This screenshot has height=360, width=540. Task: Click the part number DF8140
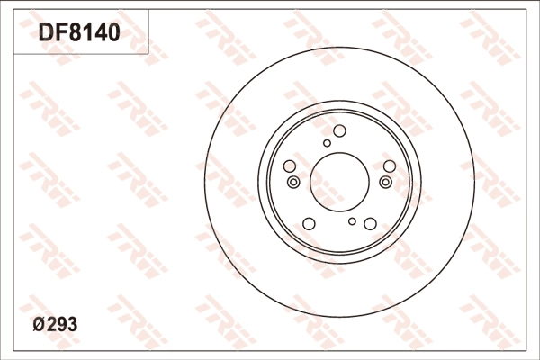tap(79, 33)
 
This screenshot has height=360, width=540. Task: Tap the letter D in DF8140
tap(45, 33)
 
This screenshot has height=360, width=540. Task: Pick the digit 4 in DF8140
tap(100, 33)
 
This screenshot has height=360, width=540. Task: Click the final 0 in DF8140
tap(113, 33)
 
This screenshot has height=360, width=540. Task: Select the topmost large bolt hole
tap(339, 131)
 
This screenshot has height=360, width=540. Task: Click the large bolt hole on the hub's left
tap(290, 166)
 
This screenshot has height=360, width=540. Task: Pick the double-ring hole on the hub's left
tap(292, 183)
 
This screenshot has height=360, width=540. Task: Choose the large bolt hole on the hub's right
tap(389, 166)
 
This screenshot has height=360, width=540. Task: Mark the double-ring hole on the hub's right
tap(386, 183)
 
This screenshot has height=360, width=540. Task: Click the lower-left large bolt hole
tap(309, 223)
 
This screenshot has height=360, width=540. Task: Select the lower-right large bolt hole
tap(370, 223)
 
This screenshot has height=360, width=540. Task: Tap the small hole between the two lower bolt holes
tap(353, 221)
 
